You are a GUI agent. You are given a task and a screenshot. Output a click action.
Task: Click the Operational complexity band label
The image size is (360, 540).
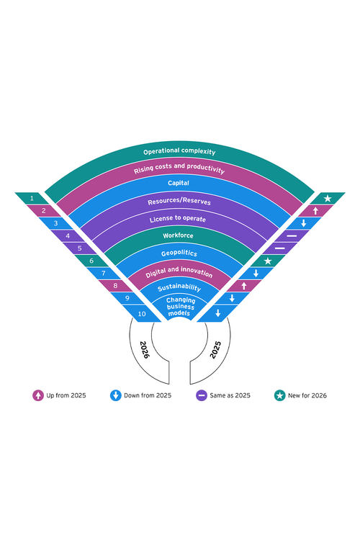[179, 151]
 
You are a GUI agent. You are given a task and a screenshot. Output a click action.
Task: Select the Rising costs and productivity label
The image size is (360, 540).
[179, 168]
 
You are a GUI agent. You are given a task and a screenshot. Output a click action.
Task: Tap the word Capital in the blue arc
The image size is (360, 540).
[179, 183]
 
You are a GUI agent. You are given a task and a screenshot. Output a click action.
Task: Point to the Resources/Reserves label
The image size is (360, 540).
[179, 202]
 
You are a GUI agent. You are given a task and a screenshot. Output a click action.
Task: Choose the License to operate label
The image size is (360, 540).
[178, 219]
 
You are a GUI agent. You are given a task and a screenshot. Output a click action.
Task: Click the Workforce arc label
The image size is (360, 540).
[178, 235]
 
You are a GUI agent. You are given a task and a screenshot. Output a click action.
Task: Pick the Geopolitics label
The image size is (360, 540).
[179, 253]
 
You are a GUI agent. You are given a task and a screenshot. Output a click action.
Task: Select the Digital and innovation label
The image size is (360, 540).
[179, 272]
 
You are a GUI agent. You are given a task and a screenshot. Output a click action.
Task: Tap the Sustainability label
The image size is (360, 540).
[179, 287]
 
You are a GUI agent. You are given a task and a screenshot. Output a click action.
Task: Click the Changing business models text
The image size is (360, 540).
[181, 307]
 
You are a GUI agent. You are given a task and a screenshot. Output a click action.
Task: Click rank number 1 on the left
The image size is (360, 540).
[32, 199]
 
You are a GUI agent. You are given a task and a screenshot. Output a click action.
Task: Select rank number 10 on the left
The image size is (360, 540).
[142, 314]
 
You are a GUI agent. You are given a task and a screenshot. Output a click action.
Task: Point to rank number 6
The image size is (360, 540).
[91, 261]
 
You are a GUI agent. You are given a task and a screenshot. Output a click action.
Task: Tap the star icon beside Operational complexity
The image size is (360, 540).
[328, 199]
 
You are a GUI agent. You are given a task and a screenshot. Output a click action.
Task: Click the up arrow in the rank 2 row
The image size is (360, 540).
[315, 211]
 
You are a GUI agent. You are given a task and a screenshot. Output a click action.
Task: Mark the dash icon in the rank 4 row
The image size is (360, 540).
[292, 236]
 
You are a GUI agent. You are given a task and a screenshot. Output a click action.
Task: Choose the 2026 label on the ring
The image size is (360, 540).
[144, 350]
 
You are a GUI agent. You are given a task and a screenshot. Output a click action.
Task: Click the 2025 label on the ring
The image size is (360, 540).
[215, 350]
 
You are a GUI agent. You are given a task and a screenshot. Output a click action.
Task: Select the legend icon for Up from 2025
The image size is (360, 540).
[38, 395]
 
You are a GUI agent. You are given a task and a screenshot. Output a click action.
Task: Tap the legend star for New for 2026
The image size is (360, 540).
[280, 395]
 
